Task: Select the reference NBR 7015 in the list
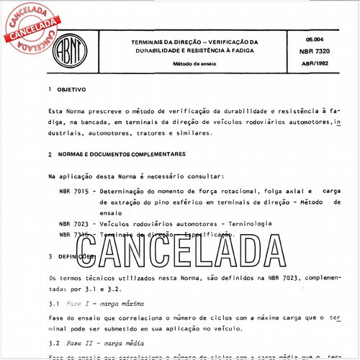point(74,192)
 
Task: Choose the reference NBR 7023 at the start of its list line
point(74,224)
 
